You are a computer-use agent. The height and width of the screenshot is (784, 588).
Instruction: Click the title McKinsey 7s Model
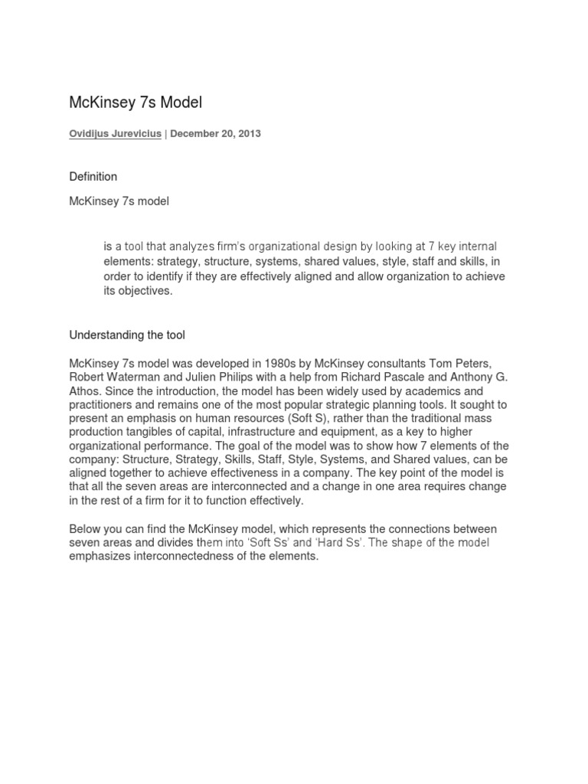[136, 102]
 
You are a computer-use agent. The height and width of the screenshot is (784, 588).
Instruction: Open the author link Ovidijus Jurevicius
[115, 133]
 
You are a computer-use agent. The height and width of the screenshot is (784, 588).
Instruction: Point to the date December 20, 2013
[215, 133]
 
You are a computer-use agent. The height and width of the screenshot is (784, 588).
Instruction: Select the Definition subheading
[93, 177]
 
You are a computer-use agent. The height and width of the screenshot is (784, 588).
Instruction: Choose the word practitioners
[100, 403]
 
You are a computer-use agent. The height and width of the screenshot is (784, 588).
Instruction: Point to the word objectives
[145, 291]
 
